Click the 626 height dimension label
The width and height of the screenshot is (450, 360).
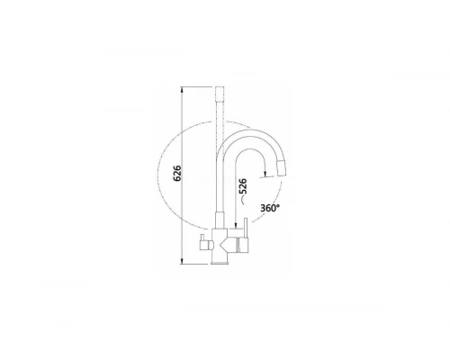tap(177, 173)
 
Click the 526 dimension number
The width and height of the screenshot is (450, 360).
tap(242, 186)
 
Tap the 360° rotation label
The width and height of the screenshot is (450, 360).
tap(270, 208)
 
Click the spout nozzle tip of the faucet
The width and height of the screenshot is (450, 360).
tap(282, 168)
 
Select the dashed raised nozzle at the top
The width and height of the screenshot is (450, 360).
tap(220, 94)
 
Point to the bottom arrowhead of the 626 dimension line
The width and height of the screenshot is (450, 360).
tap(182, 261)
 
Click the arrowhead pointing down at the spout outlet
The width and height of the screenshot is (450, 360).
tap(265, 174)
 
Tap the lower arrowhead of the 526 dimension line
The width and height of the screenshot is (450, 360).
tap(236, 225)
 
